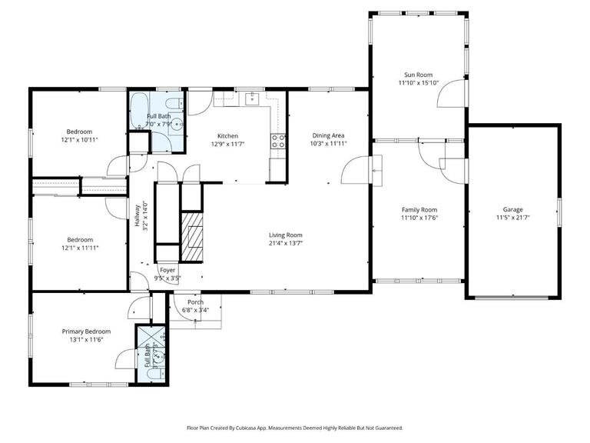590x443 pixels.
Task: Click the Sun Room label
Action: [419, 75]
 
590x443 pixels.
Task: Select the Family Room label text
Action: [419, 209]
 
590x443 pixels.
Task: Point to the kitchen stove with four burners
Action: [278, 141]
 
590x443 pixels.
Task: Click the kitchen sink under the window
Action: [251, 98]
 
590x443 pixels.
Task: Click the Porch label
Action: [196, 302]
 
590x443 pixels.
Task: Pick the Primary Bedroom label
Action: [86, 331]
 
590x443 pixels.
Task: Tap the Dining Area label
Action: [328, 135]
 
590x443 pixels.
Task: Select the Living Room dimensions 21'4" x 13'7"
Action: [285, 243]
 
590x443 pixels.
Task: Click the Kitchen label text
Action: [227, 135]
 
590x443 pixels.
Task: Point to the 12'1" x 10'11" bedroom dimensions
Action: [79, 140]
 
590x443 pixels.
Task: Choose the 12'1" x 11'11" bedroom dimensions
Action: [79, 248]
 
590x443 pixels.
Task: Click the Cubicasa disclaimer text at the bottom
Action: [294, 428]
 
